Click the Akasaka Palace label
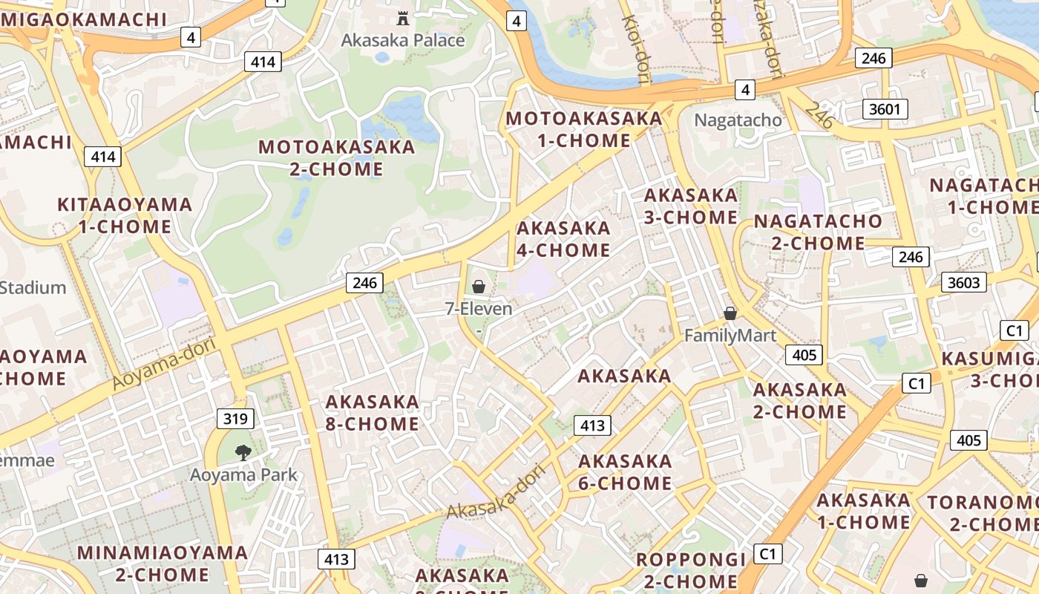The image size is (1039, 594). point(403,40)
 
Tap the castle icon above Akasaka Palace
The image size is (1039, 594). point(403,17)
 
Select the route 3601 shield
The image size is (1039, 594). point(885,110)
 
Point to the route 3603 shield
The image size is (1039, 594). point(965,282)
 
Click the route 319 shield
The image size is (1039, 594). point(235,419)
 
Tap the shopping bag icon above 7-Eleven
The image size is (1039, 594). point(479,286)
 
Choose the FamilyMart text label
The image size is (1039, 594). point(730,336)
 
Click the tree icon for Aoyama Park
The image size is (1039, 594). point(243,452)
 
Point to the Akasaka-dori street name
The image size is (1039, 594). point(496,494)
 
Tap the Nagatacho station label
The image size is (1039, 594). point(738,120)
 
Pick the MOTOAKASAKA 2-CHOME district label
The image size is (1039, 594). point(336,157)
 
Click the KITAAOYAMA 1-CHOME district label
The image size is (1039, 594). point(125,215)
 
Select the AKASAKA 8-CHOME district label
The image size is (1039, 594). point(373,413)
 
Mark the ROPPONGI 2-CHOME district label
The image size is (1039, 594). point(690,570)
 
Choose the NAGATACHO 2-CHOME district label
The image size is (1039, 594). point(818,232)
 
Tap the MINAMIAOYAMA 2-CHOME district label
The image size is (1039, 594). point(163,564)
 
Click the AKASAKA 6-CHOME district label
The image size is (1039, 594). point(625,472)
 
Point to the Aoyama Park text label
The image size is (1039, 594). point(243,475)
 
